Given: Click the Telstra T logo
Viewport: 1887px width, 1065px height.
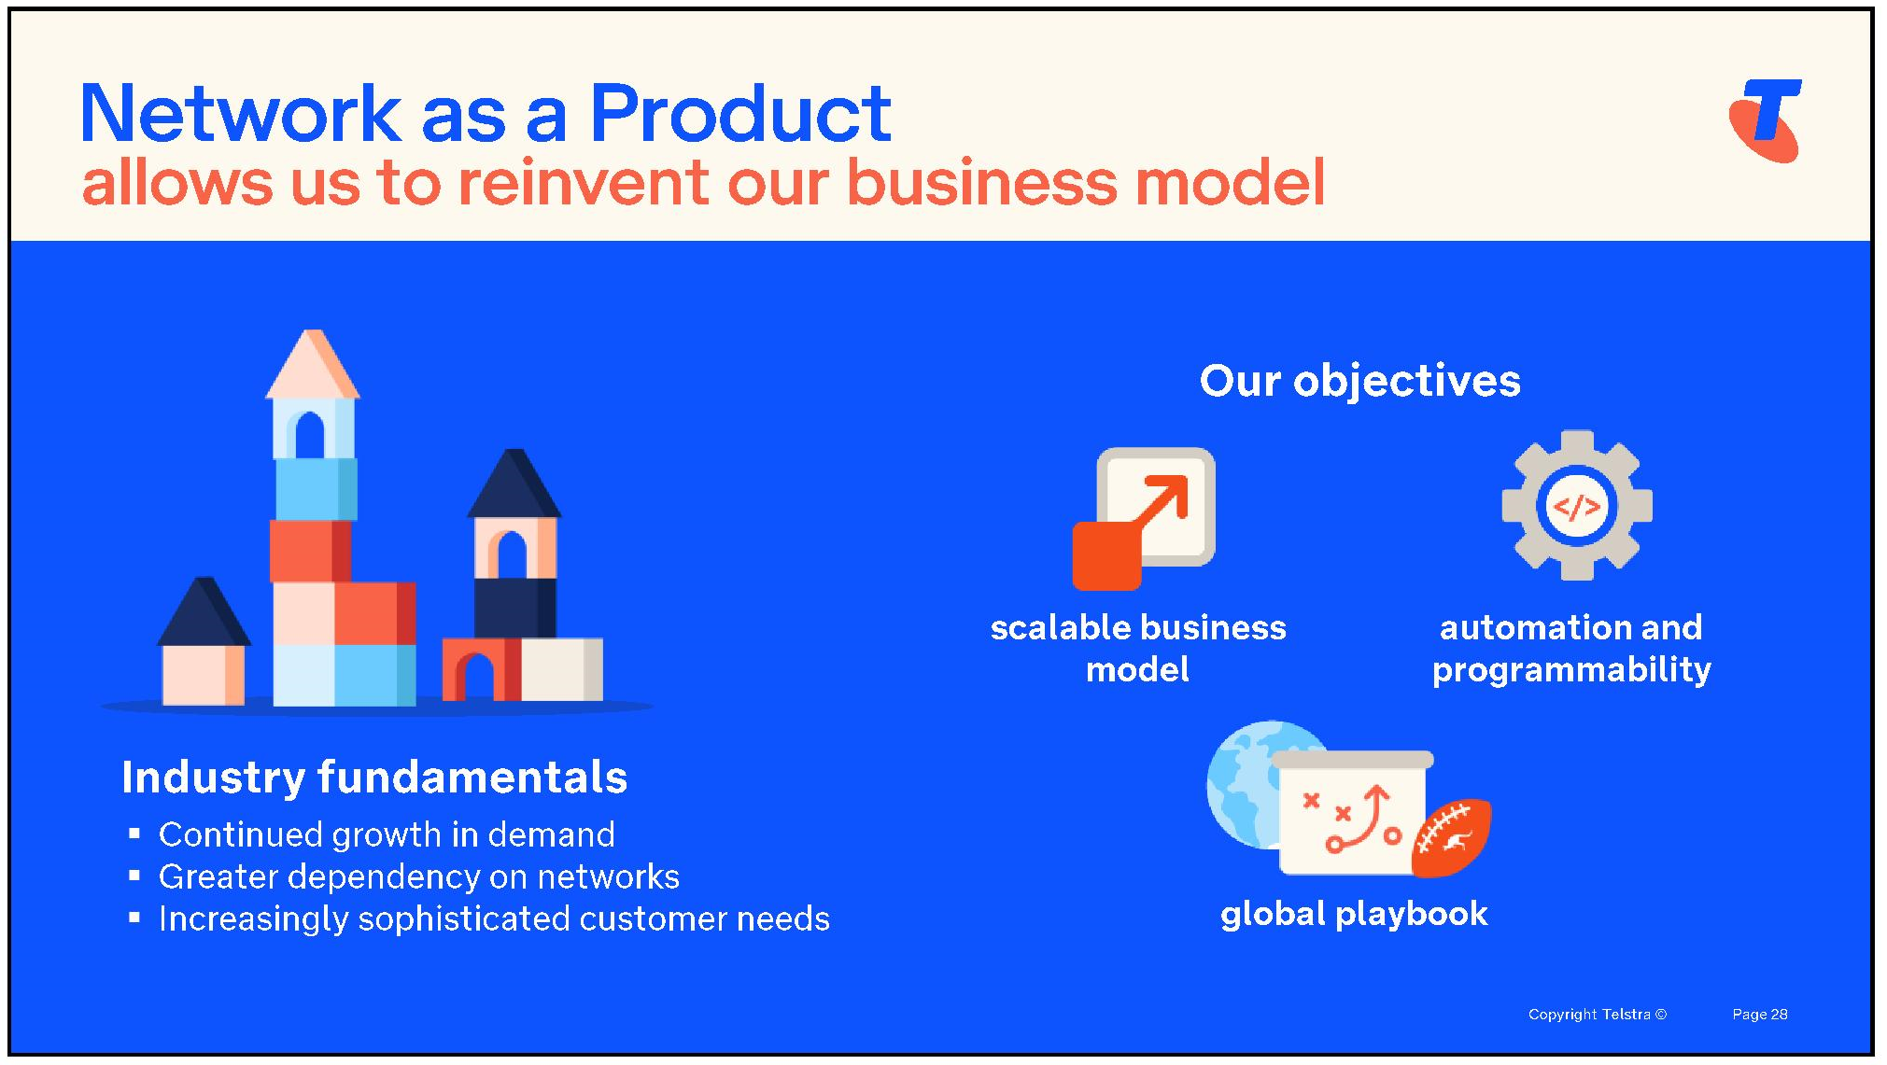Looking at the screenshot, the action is point(1765,119).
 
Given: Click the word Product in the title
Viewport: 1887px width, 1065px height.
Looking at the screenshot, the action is point(740,114).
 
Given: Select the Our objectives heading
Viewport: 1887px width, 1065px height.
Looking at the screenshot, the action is point(1359,381).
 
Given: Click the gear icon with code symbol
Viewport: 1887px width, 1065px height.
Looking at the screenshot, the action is point(1577,505).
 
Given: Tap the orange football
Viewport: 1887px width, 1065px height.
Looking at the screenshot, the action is point(1452,837).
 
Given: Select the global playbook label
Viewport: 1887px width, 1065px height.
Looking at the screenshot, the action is point(1354,914).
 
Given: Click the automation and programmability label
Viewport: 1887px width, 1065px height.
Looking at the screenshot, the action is point(1571,649).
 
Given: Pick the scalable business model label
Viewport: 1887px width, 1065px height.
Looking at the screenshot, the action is point(1138,649).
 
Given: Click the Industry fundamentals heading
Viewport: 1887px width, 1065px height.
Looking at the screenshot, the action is point(374,778).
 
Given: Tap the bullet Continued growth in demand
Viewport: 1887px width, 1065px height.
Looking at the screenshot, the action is point(387,834).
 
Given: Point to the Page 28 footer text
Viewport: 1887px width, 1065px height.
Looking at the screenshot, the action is point(1759,1015).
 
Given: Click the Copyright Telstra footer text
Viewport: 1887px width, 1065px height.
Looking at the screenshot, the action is point(1597,1015).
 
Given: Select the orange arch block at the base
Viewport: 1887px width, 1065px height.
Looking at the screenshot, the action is point(480,668).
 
